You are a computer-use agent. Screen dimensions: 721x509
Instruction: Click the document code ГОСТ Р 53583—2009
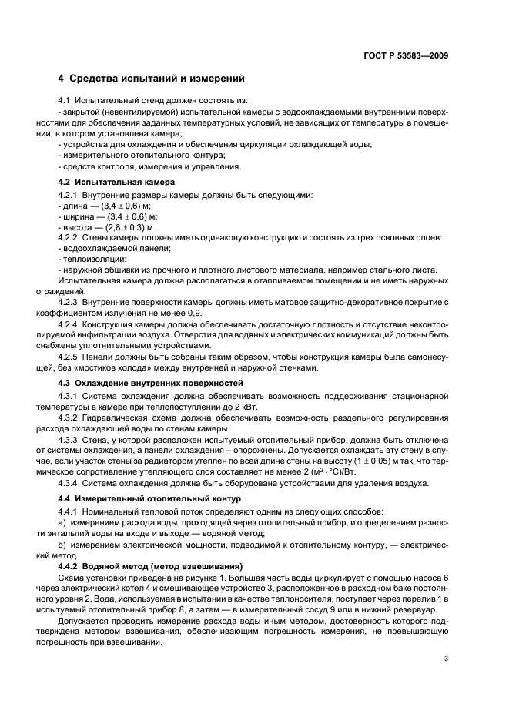pyautogui.click(x=407, y=55)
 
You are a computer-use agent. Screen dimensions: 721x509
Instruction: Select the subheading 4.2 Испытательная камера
pyautogui.click(x=117, y=183)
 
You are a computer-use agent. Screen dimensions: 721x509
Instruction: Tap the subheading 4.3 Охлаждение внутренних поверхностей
pyautogui.click(x=150, y=383)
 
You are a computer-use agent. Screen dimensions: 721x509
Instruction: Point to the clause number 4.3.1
pyautogui.click(x=70, y=395)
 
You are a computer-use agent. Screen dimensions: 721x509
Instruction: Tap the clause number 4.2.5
pyautogui.click(x=70, y=357)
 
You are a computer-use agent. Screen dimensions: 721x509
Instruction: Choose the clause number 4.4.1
pyautogui.click(x=70, y=512)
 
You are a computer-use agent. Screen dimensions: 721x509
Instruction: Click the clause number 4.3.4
pyautogui.click(x=70, y=483)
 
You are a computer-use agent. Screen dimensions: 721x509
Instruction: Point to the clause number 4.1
pyautogui.click(x=66, y=100)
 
